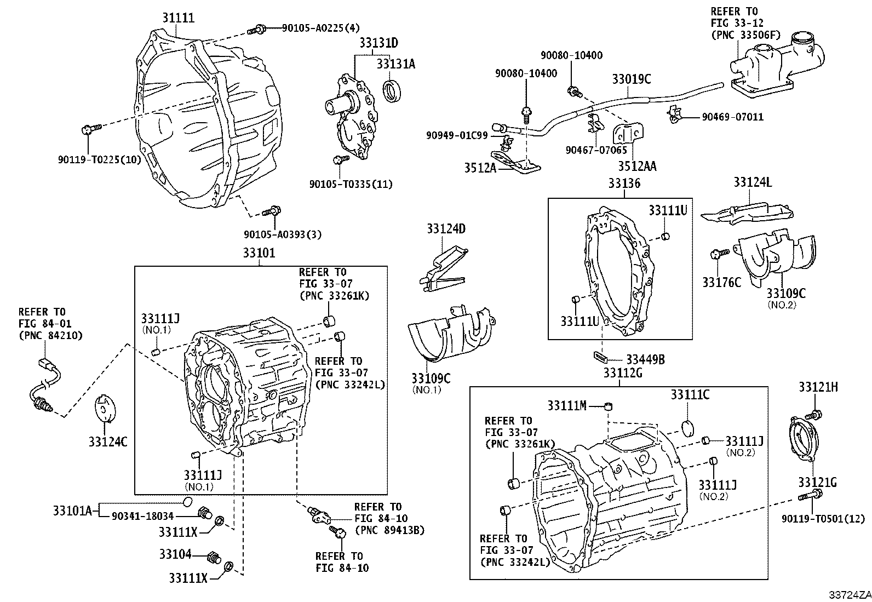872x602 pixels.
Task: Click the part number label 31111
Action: pos(178,18)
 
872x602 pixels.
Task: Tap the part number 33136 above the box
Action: pos(624,184)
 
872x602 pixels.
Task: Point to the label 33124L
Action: pos(753,182)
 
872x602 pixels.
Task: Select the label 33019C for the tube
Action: pos(632,79)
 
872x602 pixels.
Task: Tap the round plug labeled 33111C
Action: pos(689,427)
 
